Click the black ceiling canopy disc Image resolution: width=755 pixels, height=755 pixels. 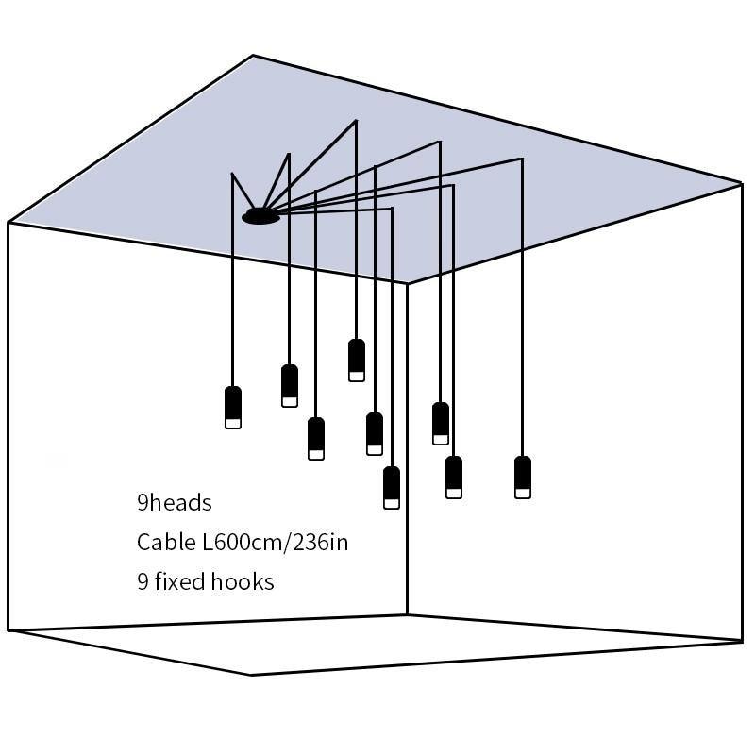(261, 217)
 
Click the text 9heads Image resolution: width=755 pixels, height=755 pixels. (175, 502)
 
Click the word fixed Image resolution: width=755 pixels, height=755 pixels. (183, 581)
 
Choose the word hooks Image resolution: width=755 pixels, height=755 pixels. (243, 581)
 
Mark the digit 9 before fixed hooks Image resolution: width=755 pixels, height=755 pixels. (143, 581)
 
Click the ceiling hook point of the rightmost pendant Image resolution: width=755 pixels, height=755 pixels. (522, 159)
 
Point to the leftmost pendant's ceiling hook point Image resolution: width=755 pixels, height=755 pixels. (232, 174)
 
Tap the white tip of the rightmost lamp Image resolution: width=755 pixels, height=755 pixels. (523, 492)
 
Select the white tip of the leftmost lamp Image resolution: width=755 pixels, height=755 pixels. (233, 423)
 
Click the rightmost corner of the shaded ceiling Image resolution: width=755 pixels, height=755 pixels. (742, 182)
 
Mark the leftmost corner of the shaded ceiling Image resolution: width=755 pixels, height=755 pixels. (8, 223)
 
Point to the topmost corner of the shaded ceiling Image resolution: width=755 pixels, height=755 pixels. (253, 56)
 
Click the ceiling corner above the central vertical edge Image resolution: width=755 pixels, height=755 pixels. (408, 283)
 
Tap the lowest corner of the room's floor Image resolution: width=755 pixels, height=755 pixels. (251, 674)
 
